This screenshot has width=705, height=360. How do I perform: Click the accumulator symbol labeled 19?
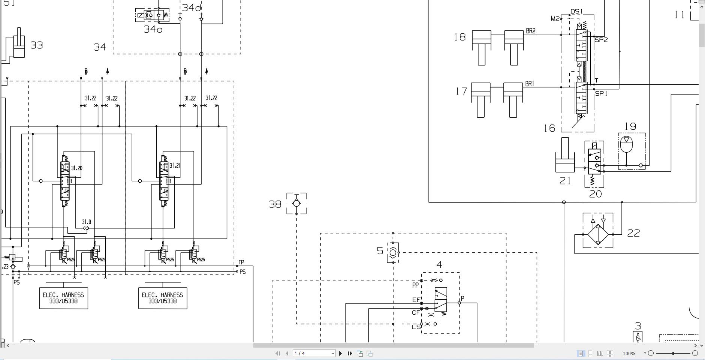click(626, 145)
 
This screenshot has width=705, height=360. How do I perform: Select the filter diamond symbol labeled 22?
click(598, 234)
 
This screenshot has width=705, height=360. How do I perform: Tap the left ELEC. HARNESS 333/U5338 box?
click(64, 298)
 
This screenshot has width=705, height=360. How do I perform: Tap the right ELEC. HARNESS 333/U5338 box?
click(163, 298)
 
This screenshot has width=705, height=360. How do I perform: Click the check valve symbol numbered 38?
click(296, 203)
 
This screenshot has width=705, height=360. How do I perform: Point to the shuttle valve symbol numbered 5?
click(393, 252)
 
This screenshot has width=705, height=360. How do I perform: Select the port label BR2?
click(531, 31)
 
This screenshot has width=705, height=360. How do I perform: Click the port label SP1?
click(601, 93)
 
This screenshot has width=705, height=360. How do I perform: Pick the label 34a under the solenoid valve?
click(153, 29)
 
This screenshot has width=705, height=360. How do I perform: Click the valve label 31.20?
click(76, 168)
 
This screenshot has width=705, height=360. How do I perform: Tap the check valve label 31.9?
click(87, 222)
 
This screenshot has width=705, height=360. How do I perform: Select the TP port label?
click(241, 262)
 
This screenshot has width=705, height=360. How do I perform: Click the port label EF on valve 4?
click(416, 300)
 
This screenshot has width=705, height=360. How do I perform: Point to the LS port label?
click(416, 327)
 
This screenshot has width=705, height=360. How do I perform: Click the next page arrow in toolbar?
click(340, 353)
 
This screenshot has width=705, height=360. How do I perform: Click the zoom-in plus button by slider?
click(695, 353)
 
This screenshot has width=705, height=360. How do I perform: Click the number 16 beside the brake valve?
click(549, 128)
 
